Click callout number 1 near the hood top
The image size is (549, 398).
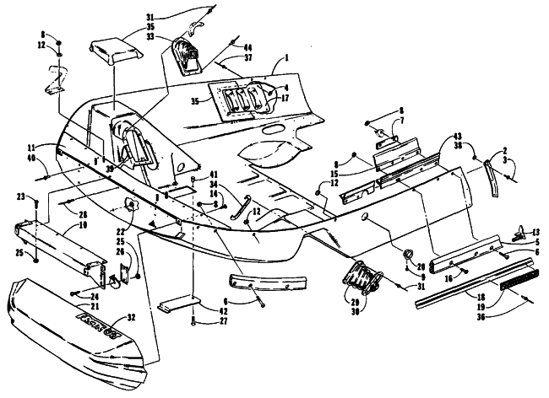coord(287,58)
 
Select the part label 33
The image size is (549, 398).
coord(150,37)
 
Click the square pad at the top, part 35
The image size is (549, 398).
coord(113,51)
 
